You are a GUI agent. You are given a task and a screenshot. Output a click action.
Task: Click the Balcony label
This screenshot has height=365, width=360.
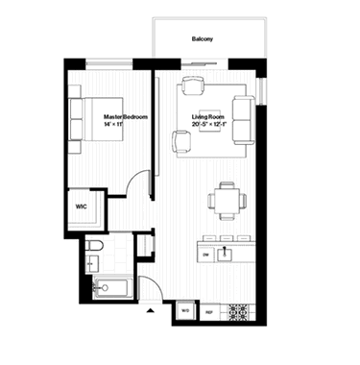point(202,38)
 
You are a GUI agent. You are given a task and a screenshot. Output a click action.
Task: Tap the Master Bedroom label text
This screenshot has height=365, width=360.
point(125,116)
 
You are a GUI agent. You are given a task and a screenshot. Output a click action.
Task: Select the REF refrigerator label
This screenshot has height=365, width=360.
point(208,311)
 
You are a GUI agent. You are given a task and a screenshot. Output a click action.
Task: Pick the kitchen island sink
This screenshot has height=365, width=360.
point(226,254)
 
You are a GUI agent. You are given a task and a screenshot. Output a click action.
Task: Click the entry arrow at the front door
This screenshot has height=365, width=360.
point(149,311)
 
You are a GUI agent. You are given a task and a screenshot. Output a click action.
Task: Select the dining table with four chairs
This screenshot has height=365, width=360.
point(226,201)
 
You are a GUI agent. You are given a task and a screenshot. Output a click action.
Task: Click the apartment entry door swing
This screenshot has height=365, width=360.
point(151,286)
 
